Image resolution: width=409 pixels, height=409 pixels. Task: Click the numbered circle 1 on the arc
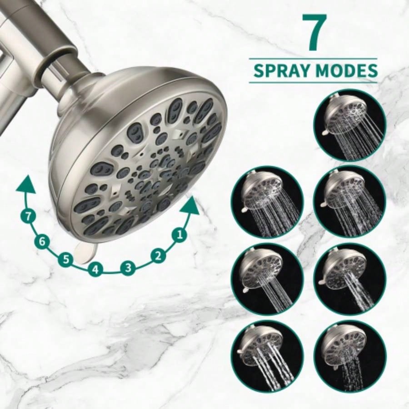(x=180, y=234)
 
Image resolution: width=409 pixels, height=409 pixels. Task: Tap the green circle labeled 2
(x=158, y=255)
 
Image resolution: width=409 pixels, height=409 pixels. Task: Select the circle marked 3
(x=128, y=268)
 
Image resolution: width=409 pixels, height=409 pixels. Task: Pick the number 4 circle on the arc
(x=95, y=269)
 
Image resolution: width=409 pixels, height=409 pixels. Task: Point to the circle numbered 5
(x=66, y=260)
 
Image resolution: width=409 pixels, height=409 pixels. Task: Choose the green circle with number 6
(x=42, y=241)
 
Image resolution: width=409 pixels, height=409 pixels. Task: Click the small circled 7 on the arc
(x=29, y=216)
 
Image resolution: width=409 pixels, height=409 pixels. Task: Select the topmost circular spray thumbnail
(x=349, y=125)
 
